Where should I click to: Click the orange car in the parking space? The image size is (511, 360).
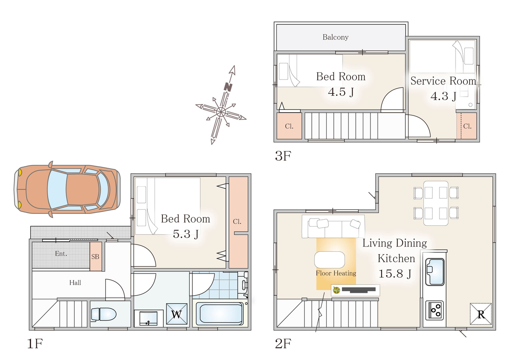coord(67,189)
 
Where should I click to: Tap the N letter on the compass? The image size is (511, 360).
coord(228,87)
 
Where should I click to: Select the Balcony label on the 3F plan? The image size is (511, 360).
coord(335,37)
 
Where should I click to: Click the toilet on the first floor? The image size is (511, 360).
coord(104,314)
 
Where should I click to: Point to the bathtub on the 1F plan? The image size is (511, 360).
coord(220,314)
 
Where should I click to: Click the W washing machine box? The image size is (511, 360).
coord(176,314)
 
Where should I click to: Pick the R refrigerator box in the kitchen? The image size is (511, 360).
coord(481,314)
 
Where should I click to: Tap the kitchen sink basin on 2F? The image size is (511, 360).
coord(435,272)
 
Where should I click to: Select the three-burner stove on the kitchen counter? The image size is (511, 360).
coord(435,310)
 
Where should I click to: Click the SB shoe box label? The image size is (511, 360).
coord(95,257)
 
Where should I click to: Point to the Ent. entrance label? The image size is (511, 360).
coord(61,254)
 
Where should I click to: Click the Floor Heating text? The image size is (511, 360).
coord(336,273)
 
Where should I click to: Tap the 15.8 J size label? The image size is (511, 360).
coord(395,273)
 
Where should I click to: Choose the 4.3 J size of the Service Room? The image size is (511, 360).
coord(443,96)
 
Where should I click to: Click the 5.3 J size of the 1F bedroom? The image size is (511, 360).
coord(186,234)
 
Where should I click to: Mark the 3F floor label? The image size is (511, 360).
coord(283,156)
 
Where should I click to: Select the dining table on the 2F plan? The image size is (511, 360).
coord(436,203)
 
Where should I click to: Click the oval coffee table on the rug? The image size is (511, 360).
coord(329,260)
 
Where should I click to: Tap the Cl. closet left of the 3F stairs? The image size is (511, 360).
coord(289,126)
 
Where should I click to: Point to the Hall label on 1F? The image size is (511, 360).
coord(75,283)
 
